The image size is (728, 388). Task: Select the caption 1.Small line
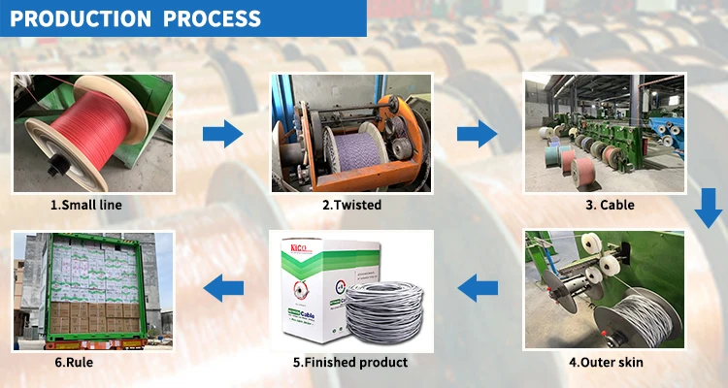tap(86, 205)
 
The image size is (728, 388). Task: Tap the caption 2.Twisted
tap(351, 205)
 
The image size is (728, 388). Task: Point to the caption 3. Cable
tap(610, 205)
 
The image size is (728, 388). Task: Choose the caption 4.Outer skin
tap(606, 363)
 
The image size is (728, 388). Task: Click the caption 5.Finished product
tap(350, 362)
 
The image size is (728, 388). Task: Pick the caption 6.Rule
tap(86, 362)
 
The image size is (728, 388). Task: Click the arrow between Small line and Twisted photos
tap(222, 133)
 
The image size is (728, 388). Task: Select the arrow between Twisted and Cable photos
tap(476, 133)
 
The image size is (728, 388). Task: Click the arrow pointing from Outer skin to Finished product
tap(478, 285)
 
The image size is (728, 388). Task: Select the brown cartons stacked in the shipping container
tap(87, 316)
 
